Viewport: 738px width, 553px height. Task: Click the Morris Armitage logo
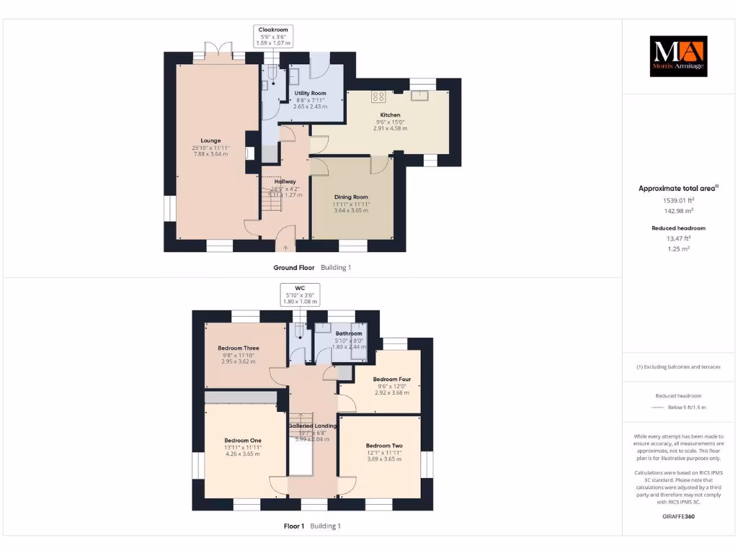click(678, 56)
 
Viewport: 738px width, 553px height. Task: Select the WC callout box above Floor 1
click(301, 295)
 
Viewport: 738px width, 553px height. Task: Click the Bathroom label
click(349, 333)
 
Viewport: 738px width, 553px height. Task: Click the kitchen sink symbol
click(420, 96)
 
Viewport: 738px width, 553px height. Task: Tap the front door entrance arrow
click(285, 248)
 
